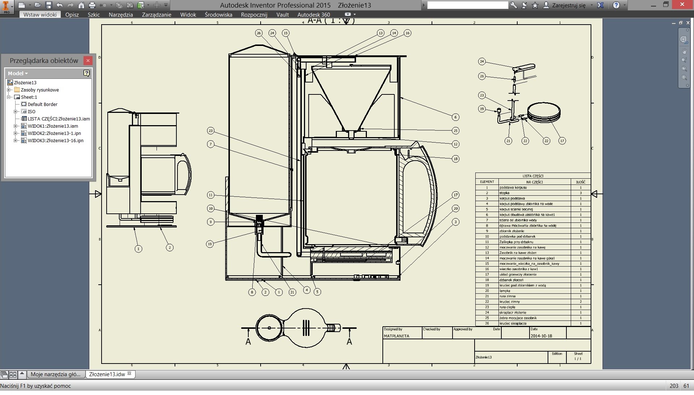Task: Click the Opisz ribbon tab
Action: click(x=72, y=15)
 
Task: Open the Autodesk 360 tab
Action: click(x=313, y=15)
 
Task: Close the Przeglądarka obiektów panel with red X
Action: click(x=88, y=61)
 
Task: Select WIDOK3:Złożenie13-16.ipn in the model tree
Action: click(x=55, y=141)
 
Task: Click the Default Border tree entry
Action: click(x=42, y=105)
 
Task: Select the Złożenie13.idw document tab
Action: click(x=107, y=374)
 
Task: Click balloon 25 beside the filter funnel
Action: click(x=455, y=131)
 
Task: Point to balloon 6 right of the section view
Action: click(x=455, y=117)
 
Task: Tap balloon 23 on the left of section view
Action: click(x=211, y=131)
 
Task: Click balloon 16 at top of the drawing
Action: click(x=407, y=33)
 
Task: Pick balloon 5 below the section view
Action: click(x=317, y=292)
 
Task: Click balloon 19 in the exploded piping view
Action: click(x=481, y=109)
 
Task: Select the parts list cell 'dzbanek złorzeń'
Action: click(x=511, y=280)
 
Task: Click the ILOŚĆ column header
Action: click(x=581, y=182)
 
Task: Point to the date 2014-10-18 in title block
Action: click(x=541, y=336)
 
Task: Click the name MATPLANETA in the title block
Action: click(x=396, y=336)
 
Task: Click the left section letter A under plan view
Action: click(x=248, y=342)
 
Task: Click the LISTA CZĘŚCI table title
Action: click(x=533, y=176)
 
